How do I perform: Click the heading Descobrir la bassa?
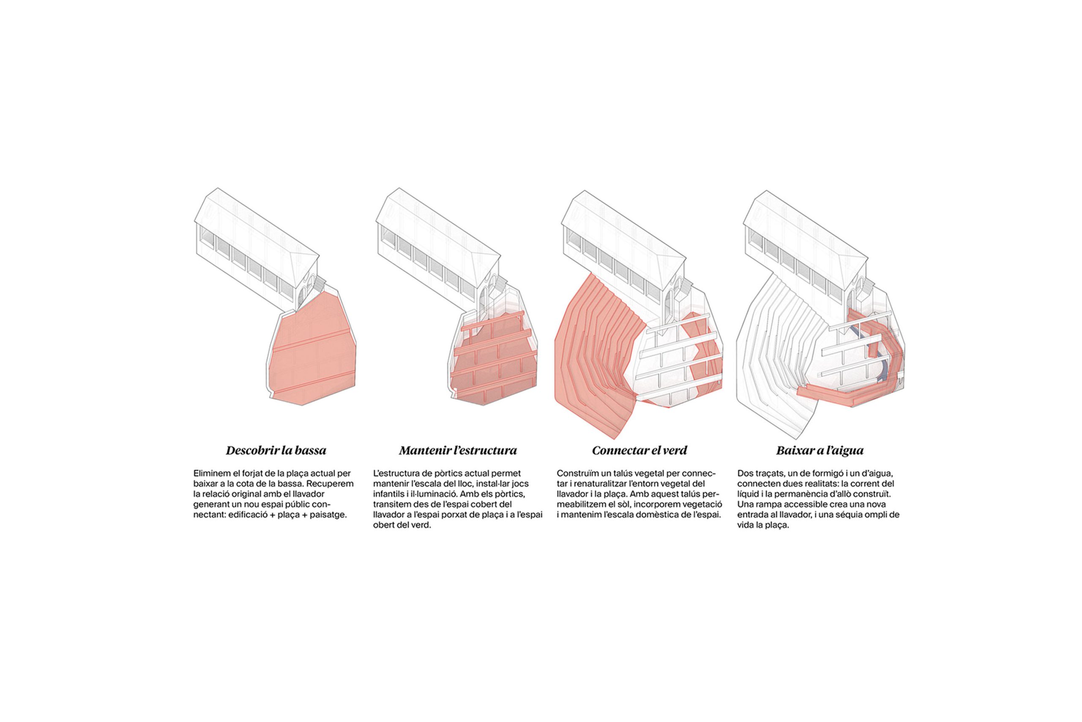(276, 450)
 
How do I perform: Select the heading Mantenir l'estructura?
(458, 450)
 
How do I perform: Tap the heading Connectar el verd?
(639, 450)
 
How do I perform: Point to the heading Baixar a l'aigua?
(820, 450)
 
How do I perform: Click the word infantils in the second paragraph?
(390, 494)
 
